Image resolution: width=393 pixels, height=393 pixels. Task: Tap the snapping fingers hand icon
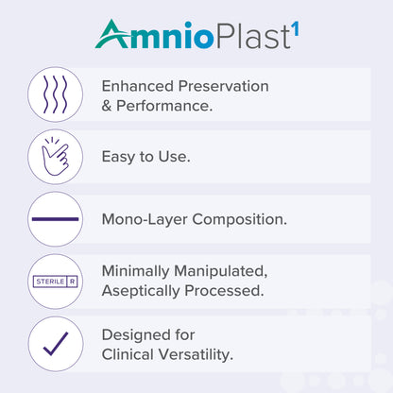click(x=55, y=156)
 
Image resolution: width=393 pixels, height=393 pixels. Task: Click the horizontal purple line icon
click(x=55, y=218)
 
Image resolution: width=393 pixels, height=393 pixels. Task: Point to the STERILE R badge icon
click(x=55, y=281)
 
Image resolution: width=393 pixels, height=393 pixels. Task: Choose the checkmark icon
click(x=55, y=343)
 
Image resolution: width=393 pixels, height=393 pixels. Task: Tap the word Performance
click(x=164, y=105)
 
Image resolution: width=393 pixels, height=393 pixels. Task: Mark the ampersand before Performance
click(x=107, y=105)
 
